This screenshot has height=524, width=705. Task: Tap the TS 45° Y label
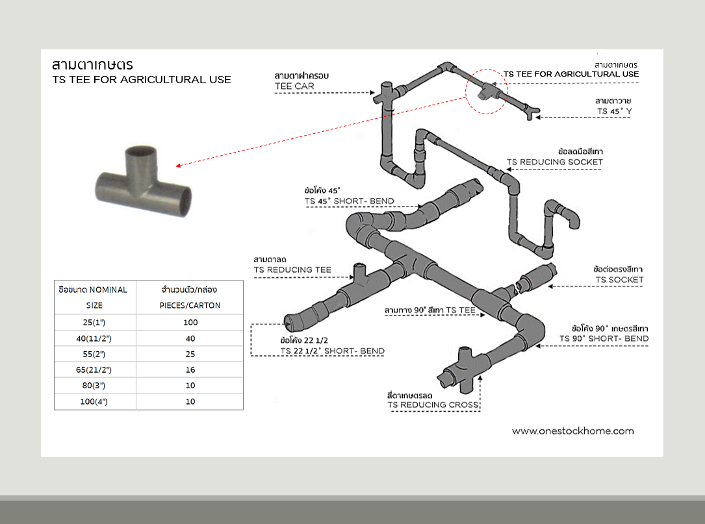pos(614,111)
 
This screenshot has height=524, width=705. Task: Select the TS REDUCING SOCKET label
pos(555,162)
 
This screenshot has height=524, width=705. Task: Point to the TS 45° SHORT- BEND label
pos(349,201)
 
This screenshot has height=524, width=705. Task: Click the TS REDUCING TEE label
pos(292,269)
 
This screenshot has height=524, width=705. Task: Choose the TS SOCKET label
pos(619,280)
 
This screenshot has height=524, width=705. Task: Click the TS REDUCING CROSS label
pos(433,405)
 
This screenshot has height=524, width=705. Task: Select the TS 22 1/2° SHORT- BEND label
pos(332,351)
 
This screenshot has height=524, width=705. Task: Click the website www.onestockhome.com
pos(572,430)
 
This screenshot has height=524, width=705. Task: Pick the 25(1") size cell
pos(94,322)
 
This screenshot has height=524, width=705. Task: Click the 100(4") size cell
pos(94,401)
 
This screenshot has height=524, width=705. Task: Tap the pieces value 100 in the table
pos(190,322)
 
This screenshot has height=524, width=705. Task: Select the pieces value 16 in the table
pos(190,369)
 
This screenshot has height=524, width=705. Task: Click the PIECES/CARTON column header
pos(190,305)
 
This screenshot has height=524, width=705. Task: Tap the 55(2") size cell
pos(94,354)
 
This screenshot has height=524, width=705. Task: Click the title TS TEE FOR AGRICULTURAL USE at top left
pos(142,80)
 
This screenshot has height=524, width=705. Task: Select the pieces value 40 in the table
pos(190,338)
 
